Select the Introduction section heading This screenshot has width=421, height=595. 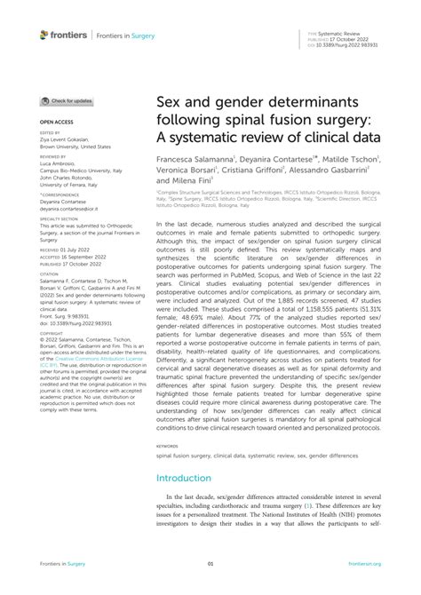(184, 477)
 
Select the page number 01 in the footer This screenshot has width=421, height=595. (210, 563)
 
